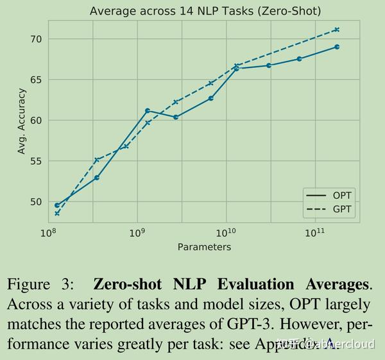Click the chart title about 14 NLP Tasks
205,11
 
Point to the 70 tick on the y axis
35,39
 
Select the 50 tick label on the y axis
35,201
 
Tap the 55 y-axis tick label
35,161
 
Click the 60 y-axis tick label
35,120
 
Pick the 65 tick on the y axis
35,80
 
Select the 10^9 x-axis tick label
137,232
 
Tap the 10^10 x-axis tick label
225,232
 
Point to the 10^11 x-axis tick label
314,232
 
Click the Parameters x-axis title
203,246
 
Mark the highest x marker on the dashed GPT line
337,30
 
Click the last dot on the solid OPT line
337,47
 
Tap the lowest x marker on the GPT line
57,214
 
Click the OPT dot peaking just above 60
148,111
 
